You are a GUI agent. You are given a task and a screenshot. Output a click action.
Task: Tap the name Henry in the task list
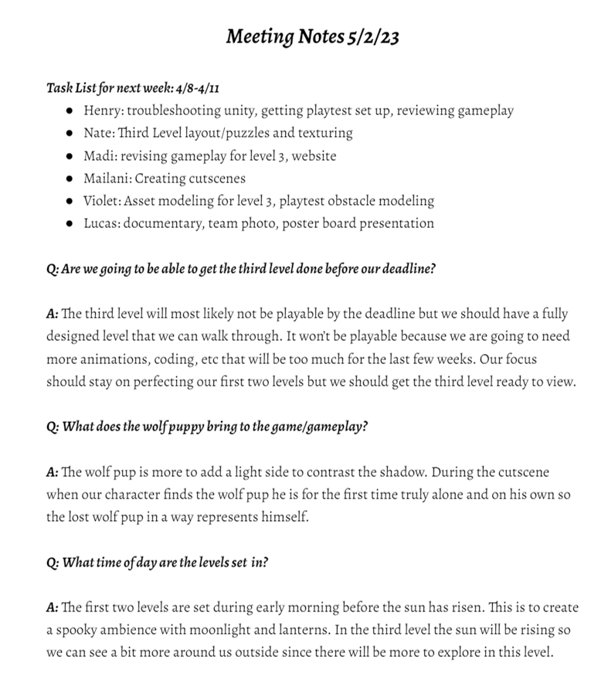(103, 111)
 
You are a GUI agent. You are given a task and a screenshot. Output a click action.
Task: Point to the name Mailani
(107, 178)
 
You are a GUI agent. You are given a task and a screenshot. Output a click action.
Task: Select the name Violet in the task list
(102, 201)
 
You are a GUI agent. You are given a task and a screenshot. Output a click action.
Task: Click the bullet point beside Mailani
(70, 179)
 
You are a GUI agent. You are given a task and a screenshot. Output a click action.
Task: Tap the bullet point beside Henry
(70, 111)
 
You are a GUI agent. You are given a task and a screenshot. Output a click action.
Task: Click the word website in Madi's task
(315, 155)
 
